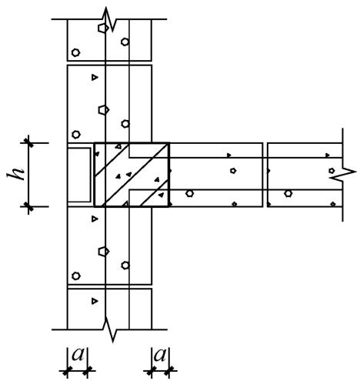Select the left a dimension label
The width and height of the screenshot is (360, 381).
pos(78,355)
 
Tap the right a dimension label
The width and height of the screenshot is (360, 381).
pos(160,355)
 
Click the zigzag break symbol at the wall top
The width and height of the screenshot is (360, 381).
pos(109,19)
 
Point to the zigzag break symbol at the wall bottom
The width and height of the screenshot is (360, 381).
pos(109,329)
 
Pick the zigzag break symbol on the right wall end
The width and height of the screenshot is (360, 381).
pos(343,175)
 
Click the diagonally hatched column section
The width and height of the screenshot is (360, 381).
pos(132,175)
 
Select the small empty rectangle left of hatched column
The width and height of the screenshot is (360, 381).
pos(79,175)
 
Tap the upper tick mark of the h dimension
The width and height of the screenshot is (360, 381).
pos(28,142)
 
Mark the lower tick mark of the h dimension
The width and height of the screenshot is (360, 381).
pos(28,206)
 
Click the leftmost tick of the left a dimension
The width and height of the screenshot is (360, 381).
pos(67,370)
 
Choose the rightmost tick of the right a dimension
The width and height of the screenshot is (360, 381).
pos(168,370)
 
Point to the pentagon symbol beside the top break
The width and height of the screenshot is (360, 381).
pos(103,28)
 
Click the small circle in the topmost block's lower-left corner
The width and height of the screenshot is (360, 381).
pos(75,52)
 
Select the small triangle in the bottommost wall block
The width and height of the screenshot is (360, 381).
pos(95,301)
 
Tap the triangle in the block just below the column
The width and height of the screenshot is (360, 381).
pos(95,219)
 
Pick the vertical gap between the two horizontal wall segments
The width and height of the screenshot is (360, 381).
pos(265,175)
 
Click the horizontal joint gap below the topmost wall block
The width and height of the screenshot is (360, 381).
pos(109,63)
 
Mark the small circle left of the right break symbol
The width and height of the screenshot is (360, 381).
pos(332,170)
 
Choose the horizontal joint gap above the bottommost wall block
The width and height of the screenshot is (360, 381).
pos(109,286)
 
